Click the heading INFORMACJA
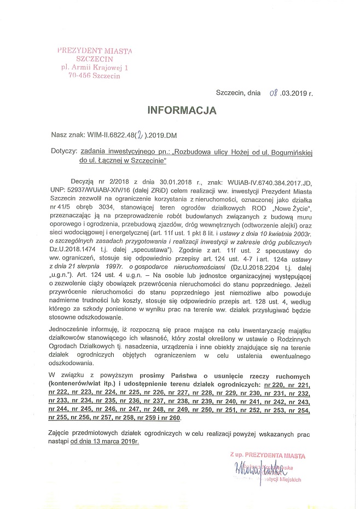182,110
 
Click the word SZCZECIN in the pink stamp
95,59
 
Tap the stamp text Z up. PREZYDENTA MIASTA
268,455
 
